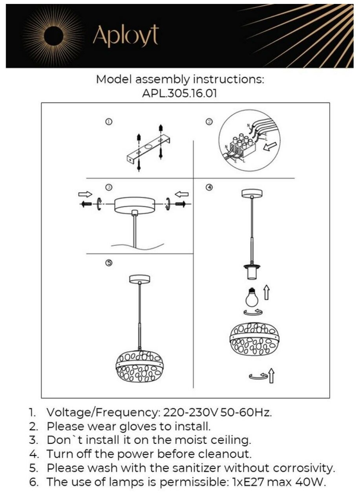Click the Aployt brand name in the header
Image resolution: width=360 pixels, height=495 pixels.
[x=125, y=37]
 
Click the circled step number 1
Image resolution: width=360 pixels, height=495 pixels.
[x=109, y=122]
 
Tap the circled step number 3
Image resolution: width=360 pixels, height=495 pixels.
[x=109, y=187]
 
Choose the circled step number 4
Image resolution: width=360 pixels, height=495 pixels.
[x=209, y=187]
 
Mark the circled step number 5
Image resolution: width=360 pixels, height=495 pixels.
[x=109, y=263]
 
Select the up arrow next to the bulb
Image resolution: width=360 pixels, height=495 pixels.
[x=267, y=293]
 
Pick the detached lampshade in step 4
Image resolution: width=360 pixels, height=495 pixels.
[x=255, y=339]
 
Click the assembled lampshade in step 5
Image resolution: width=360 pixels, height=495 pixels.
[x=140, y=366]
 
